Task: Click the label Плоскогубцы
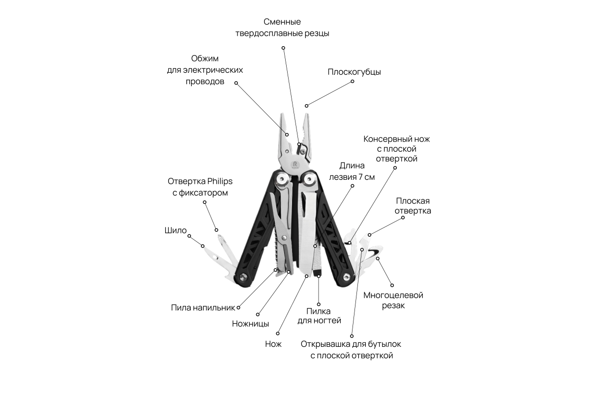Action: [x=354, y=72]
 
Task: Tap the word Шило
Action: [x=176, y=230]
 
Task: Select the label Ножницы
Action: [x=250, y=324]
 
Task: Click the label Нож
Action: [x=273, y=344]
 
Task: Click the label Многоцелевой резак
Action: [x=393, y=300]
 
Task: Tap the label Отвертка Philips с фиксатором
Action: [x=200, y=187]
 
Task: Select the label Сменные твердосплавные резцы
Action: [x=282, y=28]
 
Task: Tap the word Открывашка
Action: [x=327, y=344]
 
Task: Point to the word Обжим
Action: [x=205, y=58]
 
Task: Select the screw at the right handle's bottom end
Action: [x=347, y=278]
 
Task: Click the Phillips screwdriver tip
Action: [x=220, y=240]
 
